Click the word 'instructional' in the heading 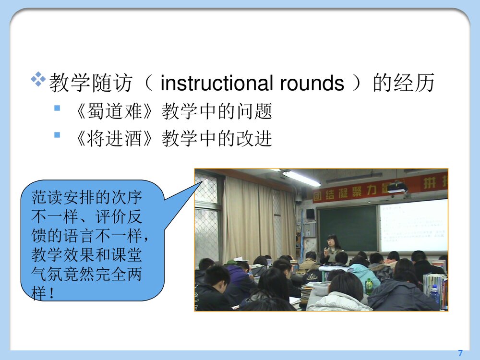coord(211,84)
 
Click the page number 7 coord(460,353)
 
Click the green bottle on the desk coord(369,287)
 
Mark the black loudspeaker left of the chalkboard coord(311,214)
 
